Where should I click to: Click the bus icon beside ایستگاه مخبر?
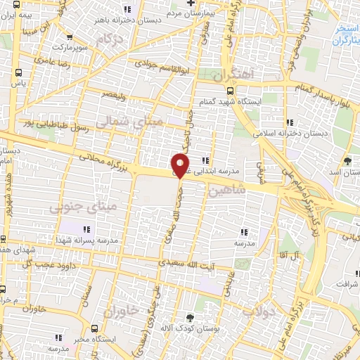94,329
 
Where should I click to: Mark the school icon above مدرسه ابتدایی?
205,160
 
